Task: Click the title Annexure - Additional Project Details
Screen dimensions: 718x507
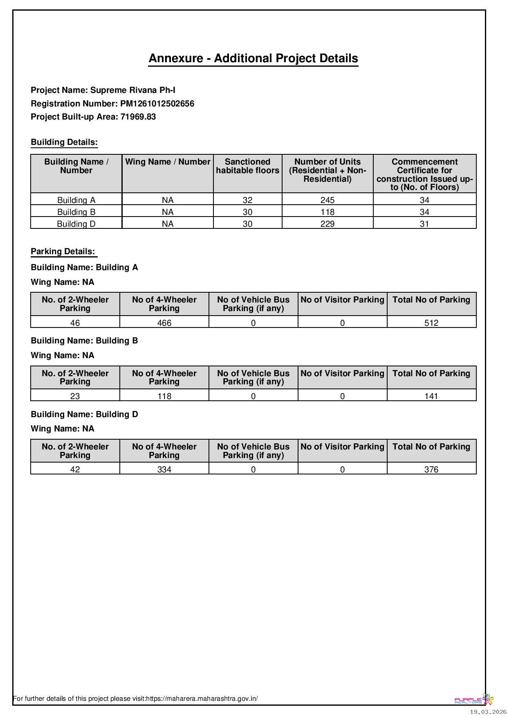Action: click(x=253, y=59)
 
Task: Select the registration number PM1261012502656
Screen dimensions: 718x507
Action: click(x=157, y=104)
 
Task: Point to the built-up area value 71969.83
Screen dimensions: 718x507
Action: click(x=138, y=117)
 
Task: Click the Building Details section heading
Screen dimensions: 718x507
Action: click(x=64, y=142)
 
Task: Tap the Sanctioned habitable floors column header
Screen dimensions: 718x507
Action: click(x=247, y=166)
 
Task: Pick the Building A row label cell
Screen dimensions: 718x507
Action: click(x=76, y=200)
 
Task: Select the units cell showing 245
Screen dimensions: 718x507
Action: click(x=328, y=200)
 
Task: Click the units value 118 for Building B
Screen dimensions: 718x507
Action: click(x=328, y=212)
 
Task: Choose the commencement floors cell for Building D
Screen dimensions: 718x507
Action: click(x=424, y=224)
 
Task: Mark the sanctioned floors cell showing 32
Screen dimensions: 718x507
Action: click(x=247, y=200)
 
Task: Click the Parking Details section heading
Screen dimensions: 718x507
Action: click(x=63, y=251)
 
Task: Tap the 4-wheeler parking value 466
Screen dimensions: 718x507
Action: click(x=164, y=323)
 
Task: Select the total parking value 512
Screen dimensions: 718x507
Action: click(x=431, y=323)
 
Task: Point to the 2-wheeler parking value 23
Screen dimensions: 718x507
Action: click(x=75, y=396)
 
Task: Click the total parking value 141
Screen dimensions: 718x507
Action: click(x=431, y=396)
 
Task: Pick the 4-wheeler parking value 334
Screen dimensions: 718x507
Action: click(x=164, y=470)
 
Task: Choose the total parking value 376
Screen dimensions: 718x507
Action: click(x=431, y=470)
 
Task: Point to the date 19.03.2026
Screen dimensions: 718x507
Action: click(x=488, y=712)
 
